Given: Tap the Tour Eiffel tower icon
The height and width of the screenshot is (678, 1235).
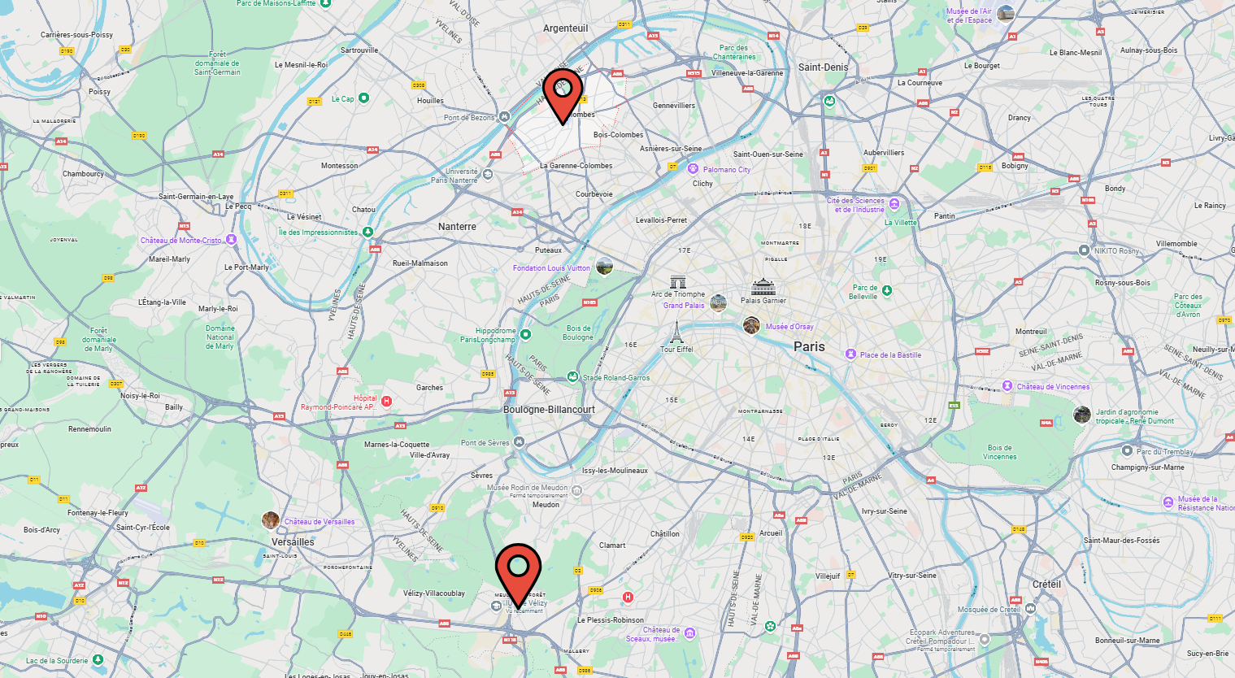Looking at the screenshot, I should tap(676, 332).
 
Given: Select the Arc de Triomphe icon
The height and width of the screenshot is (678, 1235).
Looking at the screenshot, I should tap(678, 282).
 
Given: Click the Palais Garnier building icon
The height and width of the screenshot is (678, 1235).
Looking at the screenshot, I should tap(763, 287).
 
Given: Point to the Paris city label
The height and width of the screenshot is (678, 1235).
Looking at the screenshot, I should tap(809, 346).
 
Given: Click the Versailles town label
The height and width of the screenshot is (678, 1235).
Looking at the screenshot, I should tap(293, 542).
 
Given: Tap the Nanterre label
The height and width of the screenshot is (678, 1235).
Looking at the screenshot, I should tap(457, 227).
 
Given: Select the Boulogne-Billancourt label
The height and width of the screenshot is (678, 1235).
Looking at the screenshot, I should tap(549, 410).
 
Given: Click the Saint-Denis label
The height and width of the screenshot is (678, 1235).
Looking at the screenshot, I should tap(823, 67).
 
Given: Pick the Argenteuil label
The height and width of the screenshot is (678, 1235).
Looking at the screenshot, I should tap(565, 28).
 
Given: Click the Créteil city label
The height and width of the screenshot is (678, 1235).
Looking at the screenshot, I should tap(1046, 585).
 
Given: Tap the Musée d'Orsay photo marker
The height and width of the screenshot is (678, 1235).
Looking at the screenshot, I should tap(751, 326).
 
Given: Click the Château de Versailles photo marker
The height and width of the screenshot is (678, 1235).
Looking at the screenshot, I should tap(271, 520).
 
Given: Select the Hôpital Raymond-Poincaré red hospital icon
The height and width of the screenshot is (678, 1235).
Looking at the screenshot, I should tap(387, 401).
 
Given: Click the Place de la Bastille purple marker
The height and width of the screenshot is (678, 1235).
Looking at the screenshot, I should tap(850, 354).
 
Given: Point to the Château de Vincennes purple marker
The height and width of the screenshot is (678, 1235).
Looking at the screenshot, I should tap(1007, 386).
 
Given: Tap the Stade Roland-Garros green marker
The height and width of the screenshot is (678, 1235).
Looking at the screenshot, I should tap(572, 377).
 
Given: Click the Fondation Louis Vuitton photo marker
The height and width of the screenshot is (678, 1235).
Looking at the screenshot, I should tap(604, 266).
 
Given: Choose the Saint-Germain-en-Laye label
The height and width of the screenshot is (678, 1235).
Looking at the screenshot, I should tap(196, 197).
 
